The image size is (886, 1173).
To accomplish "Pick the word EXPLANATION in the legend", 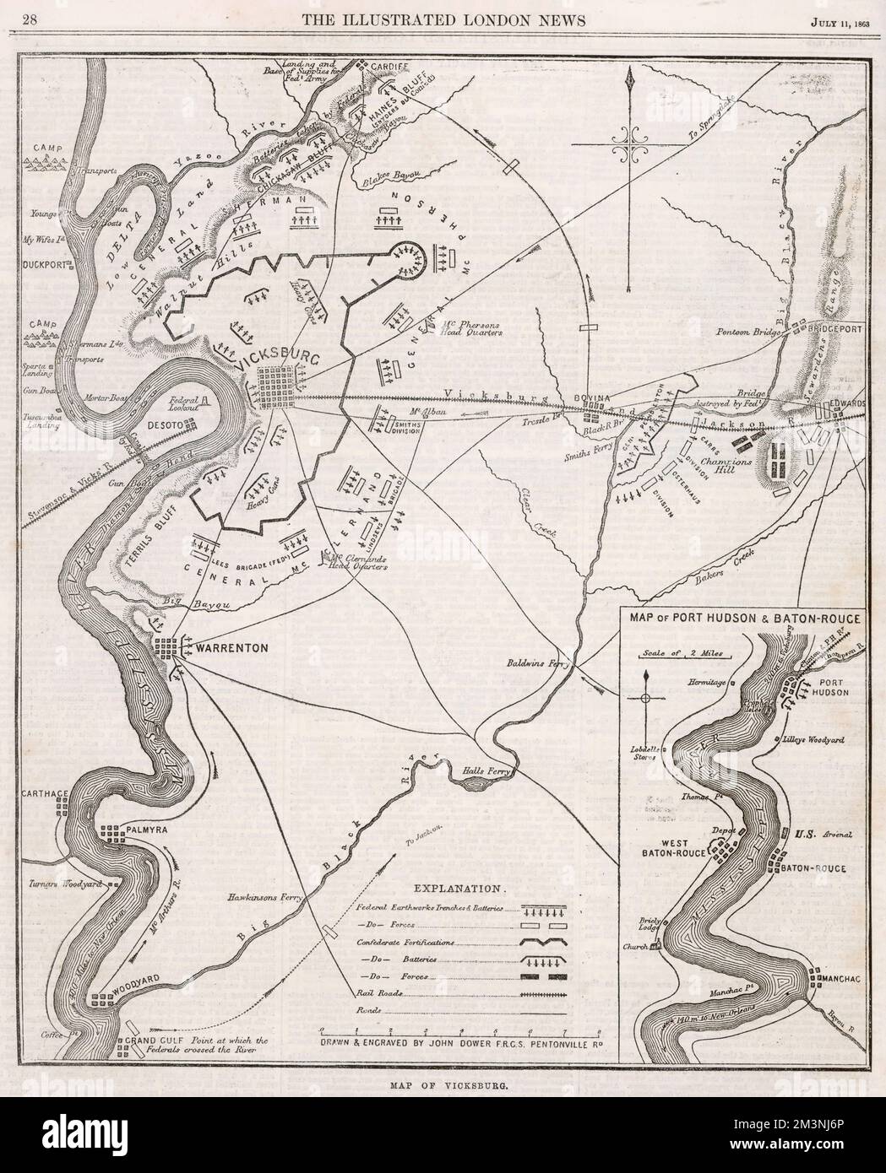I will [459, 889].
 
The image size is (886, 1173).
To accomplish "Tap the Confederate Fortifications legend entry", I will [406, 941].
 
